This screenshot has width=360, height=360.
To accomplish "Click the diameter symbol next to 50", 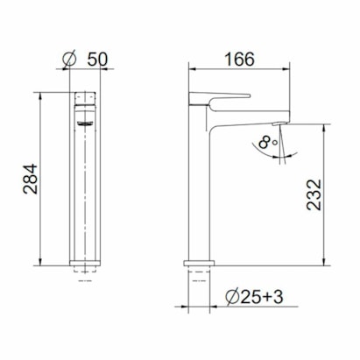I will [x=71, y=60].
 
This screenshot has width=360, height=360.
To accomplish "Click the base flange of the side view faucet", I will [x=200, y=262].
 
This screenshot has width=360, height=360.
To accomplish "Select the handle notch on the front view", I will [x=85, y=123].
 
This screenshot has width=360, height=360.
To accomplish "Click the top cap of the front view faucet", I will [x=85, y=95].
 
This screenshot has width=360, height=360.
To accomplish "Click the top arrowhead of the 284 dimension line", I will [x=41, y=93].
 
